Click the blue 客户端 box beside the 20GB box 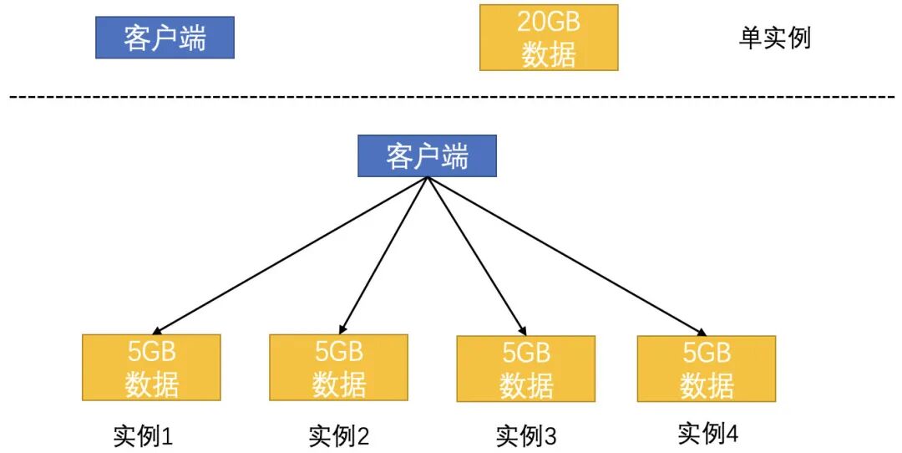click(x=165, y=38)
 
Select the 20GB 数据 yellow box click(x=549, y=38)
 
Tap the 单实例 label click(x=774, y=38)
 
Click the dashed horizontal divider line click(x=451, y=98)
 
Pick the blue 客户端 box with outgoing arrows click(x=427, y=156)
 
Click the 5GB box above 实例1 click(x=151, y=368)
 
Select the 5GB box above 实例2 click(x=338, y=368)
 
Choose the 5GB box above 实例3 click(x=525, y=369)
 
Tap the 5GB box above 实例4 click(x=706, y=369)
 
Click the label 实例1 click(x=143, y=435)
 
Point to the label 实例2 click(x=338, y=435)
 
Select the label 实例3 click(x=525, y=435)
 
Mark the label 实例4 click(x=707, y=433)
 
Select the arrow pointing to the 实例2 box click(x=384, y=252)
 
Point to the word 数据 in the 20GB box click(x=549, y=54)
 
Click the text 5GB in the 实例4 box click(x=707, y=352)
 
